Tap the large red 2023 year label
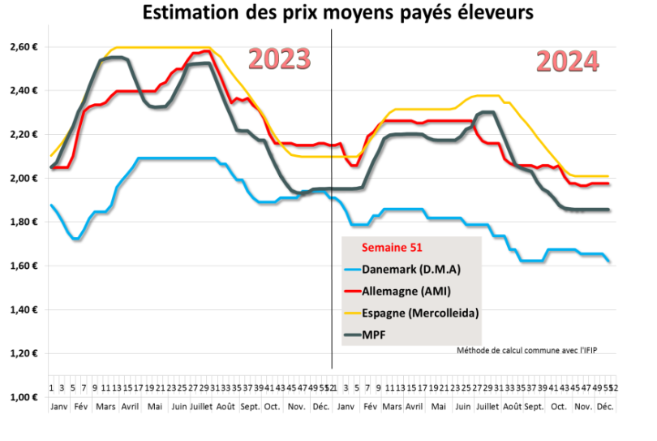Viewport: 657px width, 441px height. tap(279, 59)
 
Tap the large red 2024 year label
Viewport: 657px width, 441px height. tap(567, 61)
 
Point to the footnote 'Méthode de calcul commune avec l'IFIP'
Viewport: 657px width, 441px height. tap(532, 350)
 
